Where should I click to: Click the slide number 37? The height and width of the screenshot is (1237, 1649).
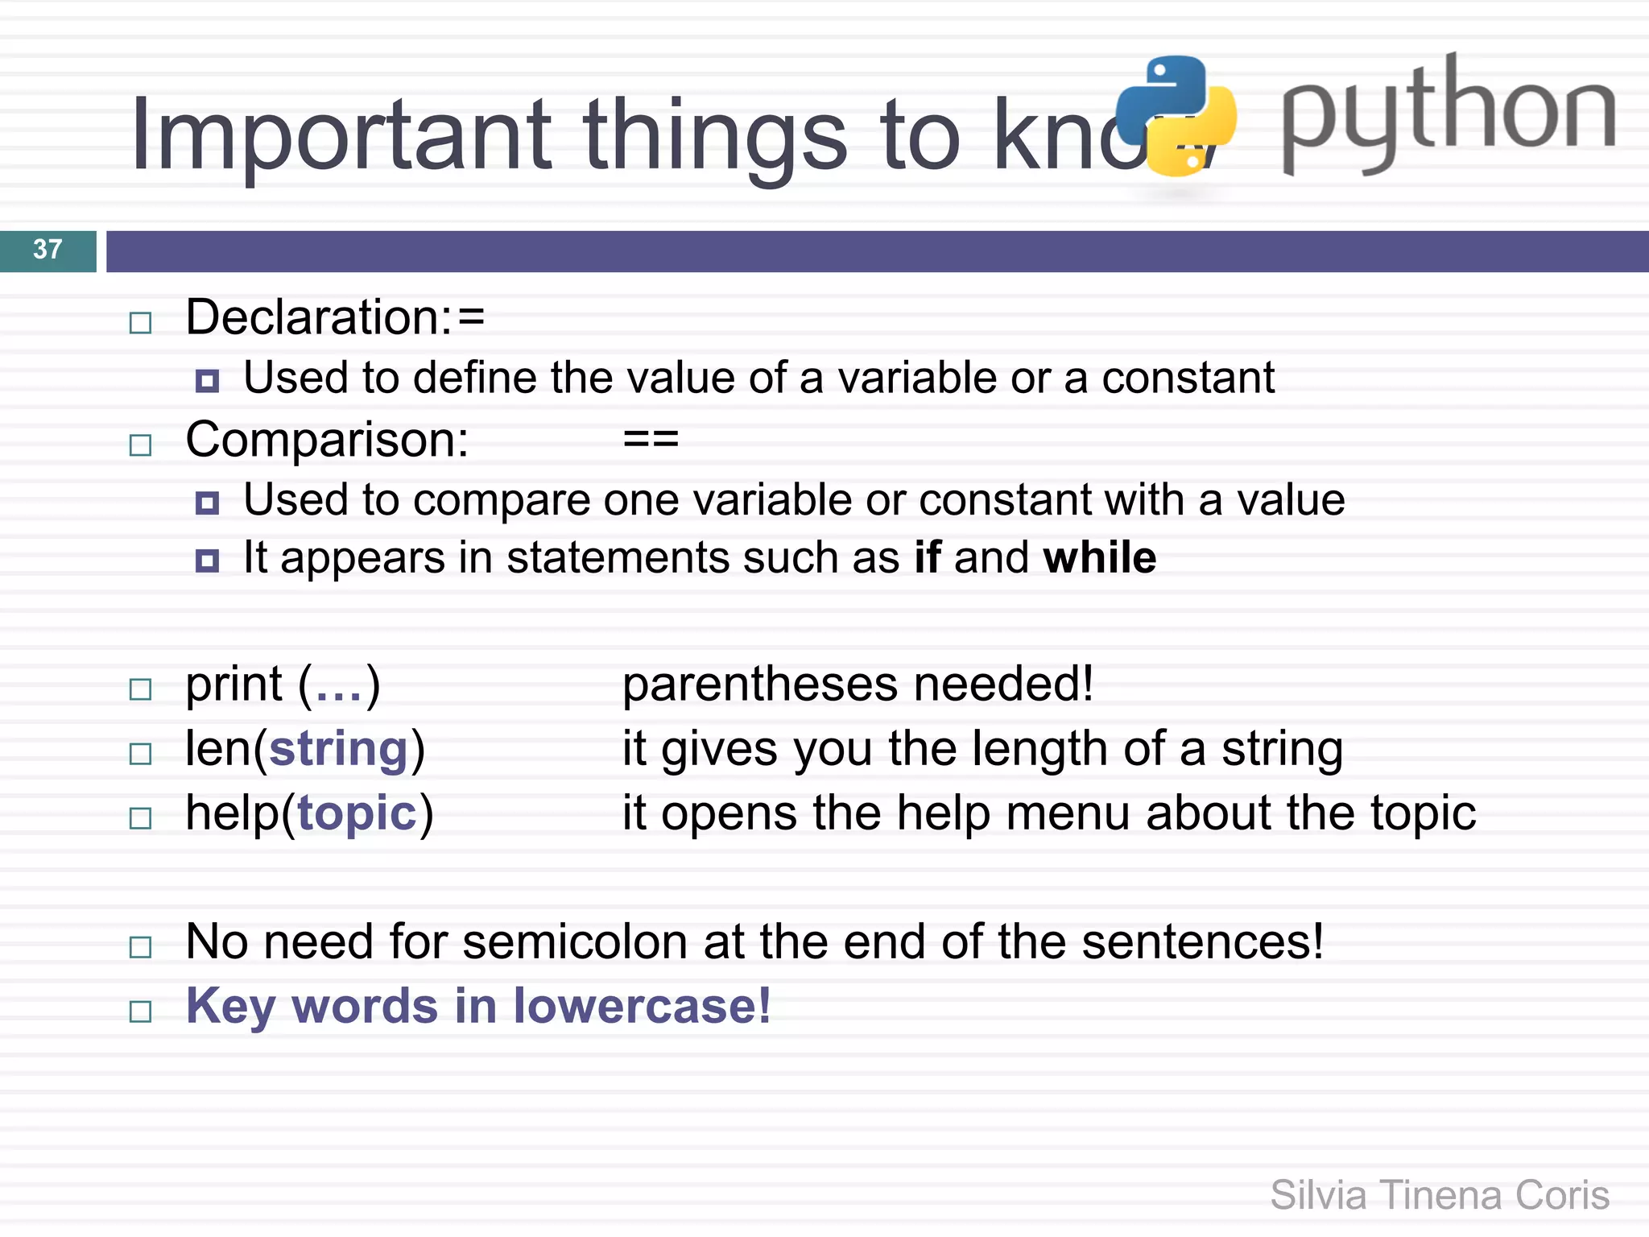pyautogui.click(x=48, y=250)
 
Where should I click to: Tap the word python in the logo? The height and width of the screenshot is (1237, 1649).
pyautogui.click(x=1448, y=113)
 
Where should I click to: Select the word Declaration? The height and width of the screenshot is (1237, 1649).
pyautogui.click(x=317, y=317)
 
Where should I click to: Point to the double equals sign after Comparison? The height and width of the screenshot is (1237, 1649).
pyautogui.click(x=651, y=440)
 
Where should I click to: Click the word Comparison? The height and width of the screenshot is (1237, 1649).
pyautogui.click(x=326, y=441)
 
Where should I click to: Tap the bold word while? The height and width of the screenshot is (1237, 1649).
pyautogui.click(x=1099, y=557)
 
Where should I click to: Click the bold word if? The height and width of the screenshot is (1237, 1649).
pyautogui.click(x=927, y=557)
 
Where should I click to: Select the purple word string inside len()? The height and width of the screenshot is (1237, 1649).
pyautogui.click(x=339, y=749)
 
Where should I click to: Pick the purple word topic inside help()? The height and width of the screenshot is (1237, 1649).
pyautogui.click(x=357, y=813)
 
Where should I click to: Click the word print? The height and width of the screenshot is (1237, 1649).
pyautogui.click(x=234, y=685)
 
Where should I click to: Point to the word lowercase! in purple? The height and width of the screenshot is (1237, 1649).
pyautogui.click(x=642, y=1006)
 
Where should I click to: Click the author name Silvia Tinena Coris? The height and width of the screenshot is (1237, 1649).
pyautogui.click(x=1439, y=1195)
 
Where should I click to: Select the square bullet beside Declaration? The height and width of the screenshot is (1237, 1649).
pyautogui.click(x=141, y=323)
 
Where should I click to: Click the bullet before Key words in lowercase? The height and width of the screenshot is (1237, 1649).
pyautogui.click(x=141, y=1012)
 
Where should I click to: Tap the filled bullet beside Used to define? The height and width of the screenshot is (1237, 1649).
pyautogui.click(x=207, y=381)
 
